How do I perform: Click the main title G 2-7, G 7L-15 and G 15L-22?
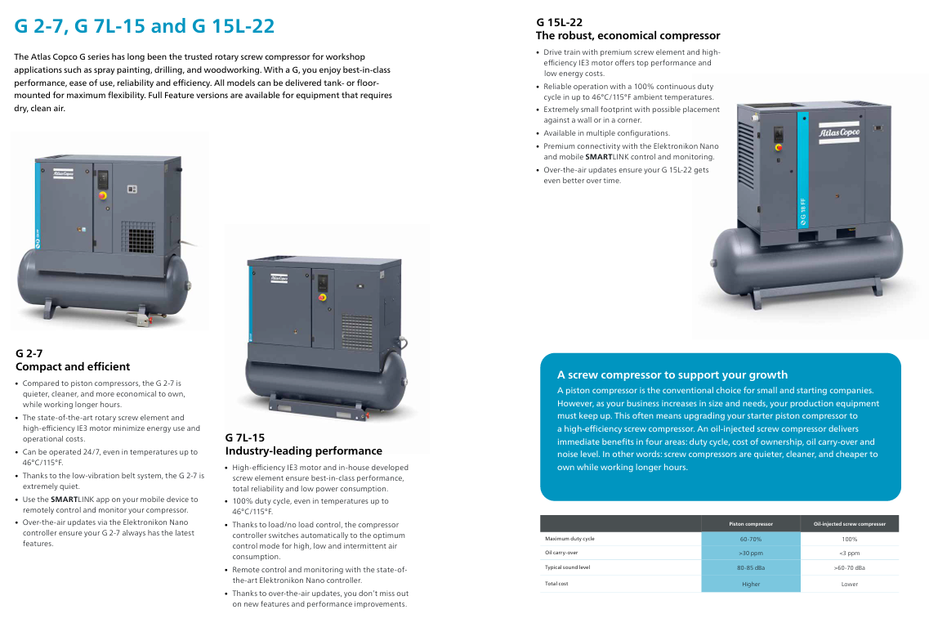pyautogui.click(x=145, y=26)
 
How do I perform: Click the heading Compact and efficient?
pyautogui.click(x=72, y=366)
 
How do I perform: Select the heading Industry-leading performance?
pyautogui.click(x=303, y=450)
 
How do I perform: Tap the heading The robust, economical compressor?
pyautogui.click(x=628, y=36)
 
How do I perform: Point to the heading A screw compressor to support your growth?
pyautogui.click(x=672, y=374)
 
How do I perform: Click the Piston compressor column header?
pyautogui.click(x=751, y=524)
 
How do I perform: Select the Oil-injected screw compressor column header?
pyautogui.click(x=850, y=524)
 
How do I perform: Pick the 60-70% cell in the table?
pyautogui.click(x=751, y=540)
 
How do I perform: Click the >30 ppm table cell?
pyautogui.click(x=751, y=553)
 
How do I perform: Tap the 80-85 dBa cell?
pyautogui.click(x=751, y=568)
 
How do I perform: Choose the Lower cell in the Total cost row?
pyautogui.click(x=850, y=584)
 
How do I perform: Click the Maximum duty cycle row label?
pyautogui.click(x=569, y=539)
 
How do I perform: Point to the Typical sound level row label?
pyautogui.click(x=568, y=567)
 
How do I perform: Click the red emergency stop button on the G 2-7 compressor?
pyautogui.click(x=102, y=195)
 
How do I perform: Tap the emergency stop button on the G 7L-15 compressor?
pyautogui.click(x=322, y=297)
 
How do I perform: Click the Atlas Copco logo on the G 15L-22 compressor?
pyautogui.click(x=839, y=132)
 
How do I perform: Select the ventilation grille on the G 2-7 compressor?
pyautogui.click(x=138, y=237)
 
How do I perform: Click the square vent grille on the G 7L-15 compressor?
pyautogui.click(x=357, y=332)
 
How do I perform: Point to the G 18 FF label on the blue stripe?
pyautogui.click(x=803, y=213)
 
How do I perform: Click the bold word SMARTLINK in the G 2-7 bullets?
pyautogui.click(x=65, y=500)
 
